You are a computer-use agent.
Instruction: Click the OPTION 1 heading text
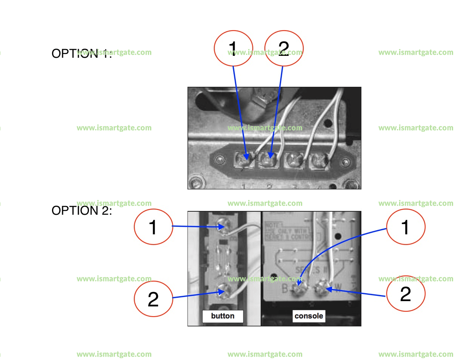point(81,54)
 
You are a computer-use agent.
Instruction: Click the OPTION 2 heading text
point(81,211)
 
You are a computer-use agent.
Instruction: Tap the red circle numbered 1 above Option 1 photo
point(234,48)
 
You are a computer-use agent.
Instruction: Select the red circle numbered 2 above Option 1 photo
point(284,48)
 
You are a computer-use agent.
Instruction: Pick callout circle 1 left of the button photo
point(154,227)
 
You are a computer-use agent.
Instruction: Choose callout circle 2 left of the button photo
point(154,299)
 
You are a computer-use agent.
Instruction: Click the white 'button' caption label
point(223,316)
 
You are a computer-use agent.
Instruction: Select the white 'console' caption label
point(309,316)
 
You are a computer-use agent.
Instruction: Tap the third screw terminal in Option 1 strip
point(293,161)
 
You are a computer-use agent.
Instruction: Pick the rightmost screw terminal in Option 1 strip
point(318,161)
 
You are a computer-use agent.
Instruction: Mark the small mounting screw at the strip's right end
point(346,162)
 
